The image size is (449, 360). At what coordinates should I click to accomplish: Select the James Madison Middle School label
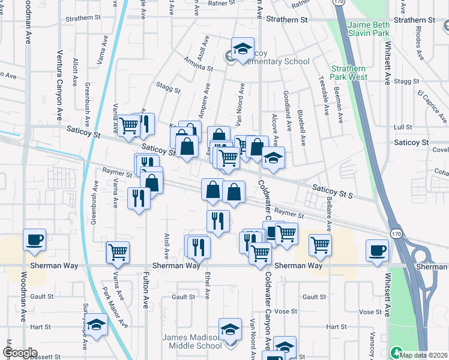192,341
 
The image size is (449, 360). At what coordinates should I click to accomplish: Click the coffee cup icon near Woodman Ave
34,239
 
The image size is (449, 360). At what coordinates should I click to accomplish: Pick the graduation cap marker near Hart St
94,326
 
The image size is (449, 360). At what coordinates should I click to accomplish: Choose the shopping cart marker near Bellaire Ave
321,244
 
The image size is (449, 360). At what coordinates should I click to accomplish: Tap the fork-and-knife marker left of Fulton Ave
139,198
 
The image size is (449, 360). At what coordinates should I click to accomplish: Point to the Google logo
20,353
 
